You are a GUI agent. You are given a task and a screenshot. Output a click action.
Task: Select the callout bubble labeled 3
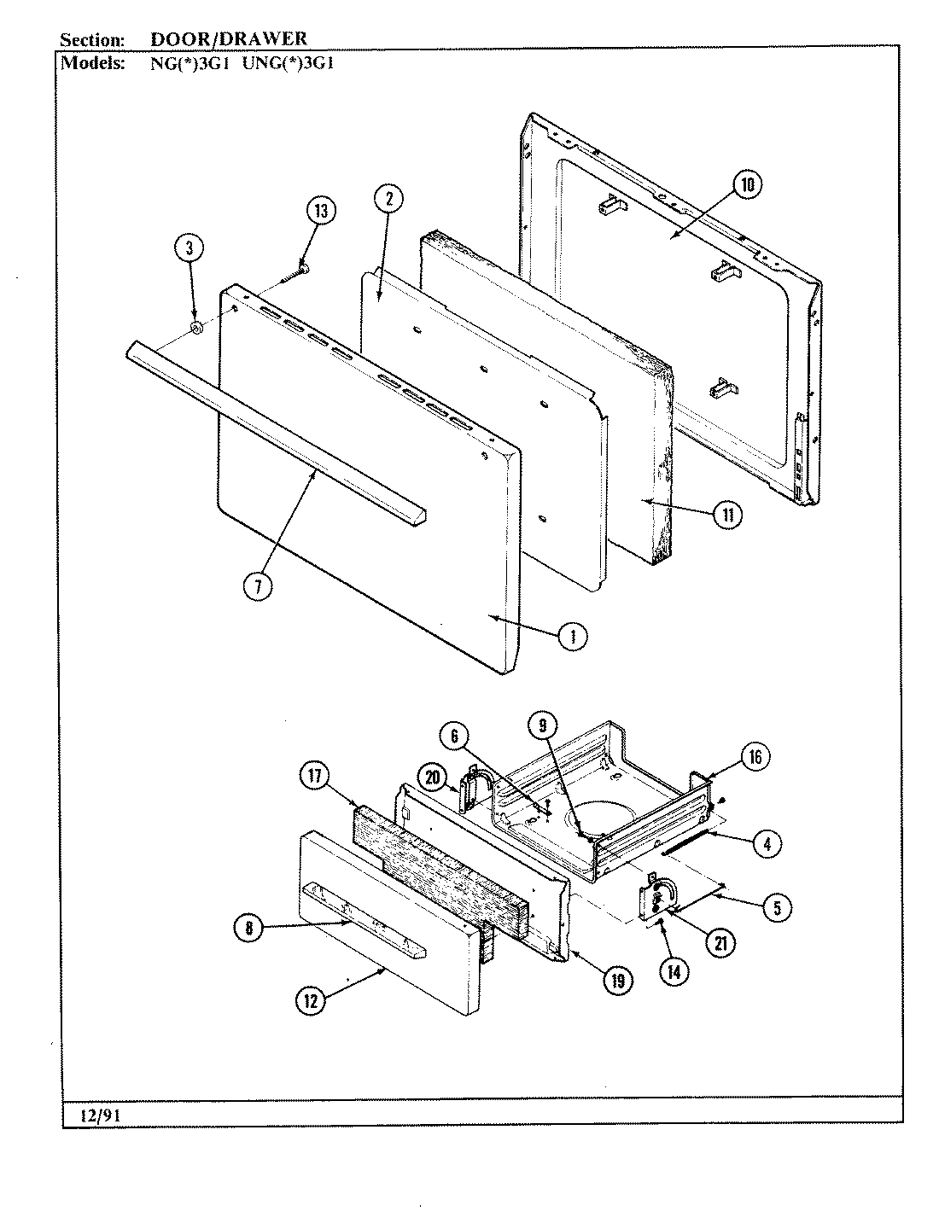[x=190, y=248]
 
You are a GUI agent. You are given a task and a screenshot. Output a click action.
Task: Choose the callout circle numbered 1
[x=572, y=635]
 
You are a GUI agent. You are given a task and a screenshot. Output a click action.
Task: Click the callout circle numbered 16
[x=754, y=757]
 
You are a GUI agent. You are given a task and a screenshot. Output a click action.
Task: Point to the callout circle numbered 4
[x=766, y=843]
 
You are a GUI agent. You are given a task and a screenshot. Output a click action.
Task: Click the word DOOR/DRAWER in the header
[x=228, y=38]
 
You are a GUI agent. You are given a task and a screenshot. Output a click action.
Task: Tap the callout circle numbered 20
[x=433, y=776]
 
